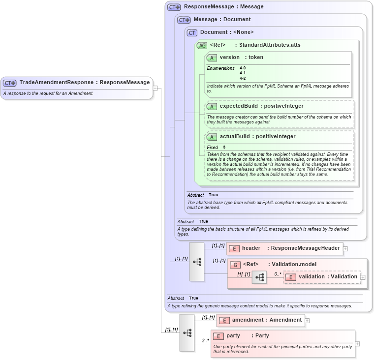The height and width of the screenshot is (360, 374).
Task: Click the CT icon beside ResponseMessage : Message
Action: click(174, 7)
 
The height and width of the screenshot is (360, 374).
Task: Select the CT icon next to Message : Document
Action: click(184, 20)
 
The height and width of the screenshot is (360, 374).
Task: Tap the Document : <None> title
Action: click(226, 32)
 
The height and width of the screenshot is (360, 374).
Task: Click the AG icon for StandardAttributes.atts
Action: click(202, 45)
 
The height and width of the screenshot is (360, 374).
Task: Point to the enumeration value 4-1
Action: click(243, 73)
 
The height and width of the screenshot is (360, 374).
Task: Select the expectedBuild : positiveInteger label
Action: click(261, 106)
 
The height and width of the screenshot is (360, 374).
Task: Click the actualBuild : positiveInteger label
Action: click(257, 137)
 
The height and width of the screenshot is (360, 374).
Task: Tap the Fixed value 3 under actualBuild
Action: click(224, 148)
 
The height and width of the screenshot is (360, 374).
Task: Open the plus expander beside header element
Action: click(345, 249)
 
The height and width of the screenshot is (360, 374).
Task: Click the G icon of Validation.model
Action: click(236, 265)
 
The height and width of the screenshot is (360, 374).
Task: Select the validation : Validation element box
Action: click(322, 277)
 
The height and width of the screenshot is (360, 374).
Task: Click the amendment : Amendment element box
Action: click(261, 320)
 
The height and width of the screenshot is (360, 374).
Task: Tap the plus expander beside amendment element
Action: click(308, 321)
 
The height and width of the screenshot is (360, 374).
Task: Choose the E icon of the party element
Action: click(218, 336)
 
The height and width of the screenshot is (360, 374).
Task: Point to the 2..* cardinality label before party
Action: click(205, 340)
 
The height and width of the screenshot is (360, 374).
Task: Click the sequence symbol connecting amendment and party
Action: click(187, 333)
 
